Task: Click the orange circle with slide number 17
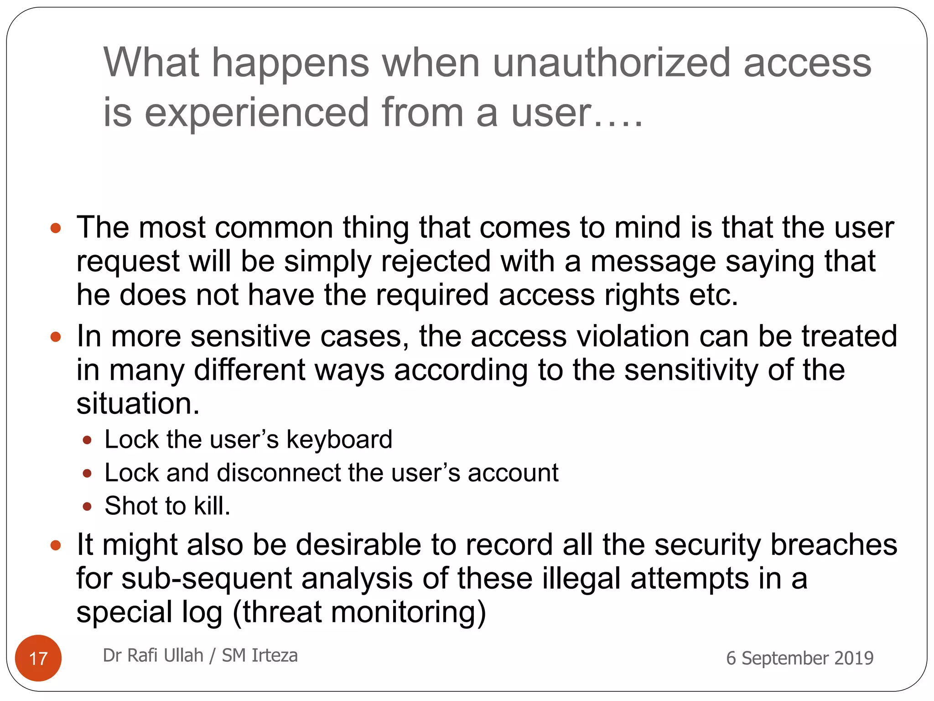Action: [x=38, y=658]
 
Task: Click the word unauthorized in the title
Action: [x=612, y=63]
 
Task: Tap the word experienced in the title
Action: [x=256, y=113]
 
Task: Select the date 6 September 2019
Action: [x=799, y=658]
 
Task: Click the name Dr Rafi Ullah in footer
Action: [x=153, y=655]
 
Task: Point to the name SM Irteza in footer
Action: [x=259, y=655]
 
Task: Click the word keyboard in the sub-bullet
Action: [x=339, y=440]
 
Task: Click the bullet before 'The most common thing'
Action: [x=56, y=228]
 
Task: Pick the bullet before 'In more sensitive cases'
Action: [x=56, y=337]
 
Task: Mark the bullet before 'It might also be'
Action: [x=56, y=545]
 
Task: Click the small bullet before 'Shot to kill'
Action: [x=87, y=507]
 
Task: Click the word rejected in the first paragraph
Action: [x=435, y=262]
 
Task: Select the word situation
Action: [x=138, y=404]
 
